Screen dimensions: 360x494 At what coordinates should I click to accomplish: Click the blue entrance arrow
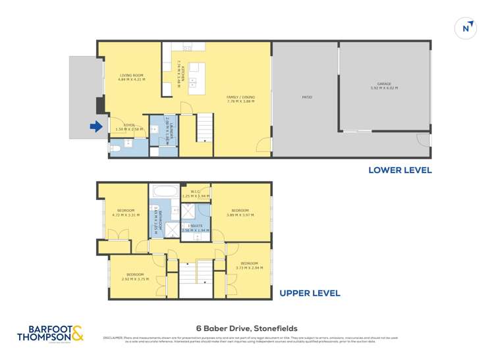[x=96, y=127]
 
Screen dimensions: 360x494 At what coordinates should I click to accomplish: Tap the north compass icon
[x=466, y=28]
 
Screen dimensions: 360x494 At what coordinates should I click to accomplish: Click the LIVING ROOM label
[x=131, y=77]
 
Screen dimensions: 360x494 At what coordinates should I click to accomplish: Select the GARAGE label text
[x=384, y=86]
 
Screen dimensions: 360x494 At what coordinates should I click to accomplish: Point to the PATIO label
[x=306, y=97]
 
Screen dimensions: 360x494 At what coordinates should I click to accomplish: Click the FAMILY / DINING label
[x=240, y=99]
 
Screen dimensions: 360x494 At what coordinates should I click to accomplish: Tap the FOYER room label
[x=124, y=128]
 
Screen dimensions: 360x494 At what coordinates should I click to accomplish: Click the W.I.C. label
[x=195, y=194]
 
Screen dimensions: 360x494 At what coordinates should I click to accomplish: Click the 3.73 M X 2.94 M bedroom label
[x=249, y=266]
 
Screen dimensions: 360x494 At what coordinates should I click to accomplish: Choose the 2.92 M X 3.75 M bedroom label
[x=135, y=276]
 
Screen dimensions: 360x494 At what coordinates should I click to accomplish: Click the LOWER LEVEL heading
[x=400, y=170]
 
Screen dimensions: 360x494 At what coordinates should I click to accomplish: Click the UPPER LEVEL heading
[x=310, y=293]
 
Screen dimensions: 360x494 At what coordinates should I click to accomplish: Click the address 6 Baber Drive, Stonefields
[x=246, y=328]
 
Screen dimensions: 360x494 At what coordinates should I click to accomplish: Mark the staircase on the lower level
[x=205, y=126]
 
